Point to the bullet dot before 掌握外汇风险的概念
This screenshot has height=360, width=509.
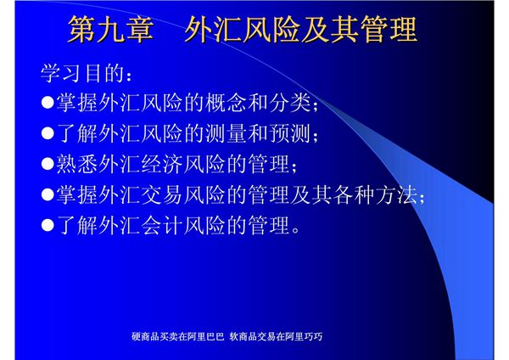48,105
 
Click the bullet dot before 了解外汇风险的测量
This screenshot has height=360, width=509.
48,136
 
